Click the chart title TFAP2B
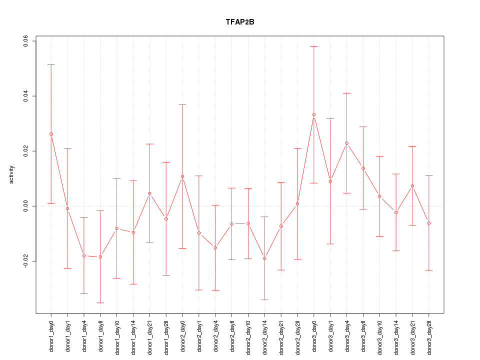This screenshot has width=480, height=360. [239, 22]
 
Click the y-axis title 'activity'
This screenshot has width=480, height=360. [12, 174]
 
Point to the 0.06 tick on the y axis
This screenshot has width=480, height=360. [26, 41]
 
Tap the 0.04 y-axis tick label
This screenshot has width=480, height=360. [26, 96]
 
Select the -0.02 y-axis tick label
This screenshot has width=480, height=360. [26, 261]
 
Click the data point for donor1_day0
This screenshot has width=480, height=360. [51, 134]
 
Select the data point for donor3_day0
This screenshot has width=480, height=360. [314, 114]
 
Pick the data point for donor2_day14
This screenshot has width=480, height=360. [264, 258]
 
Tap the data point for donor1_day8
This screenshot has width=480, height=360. [100, 256]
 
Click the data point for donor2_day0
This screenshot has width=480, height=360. [182, 176]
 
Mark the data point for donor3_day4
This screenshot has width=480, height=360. [346, 143]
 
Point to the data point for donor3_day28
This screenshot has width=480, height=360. [428, 223]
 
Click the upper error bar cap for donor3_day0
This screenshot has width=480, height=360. [314, 46]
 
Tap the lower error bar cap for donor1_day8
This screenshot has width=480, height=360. [100, 302]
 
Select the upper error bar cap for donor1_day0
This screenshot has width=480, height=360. [51, 64]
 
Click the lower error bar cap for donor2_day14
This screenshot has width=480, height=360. [264, 299]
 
